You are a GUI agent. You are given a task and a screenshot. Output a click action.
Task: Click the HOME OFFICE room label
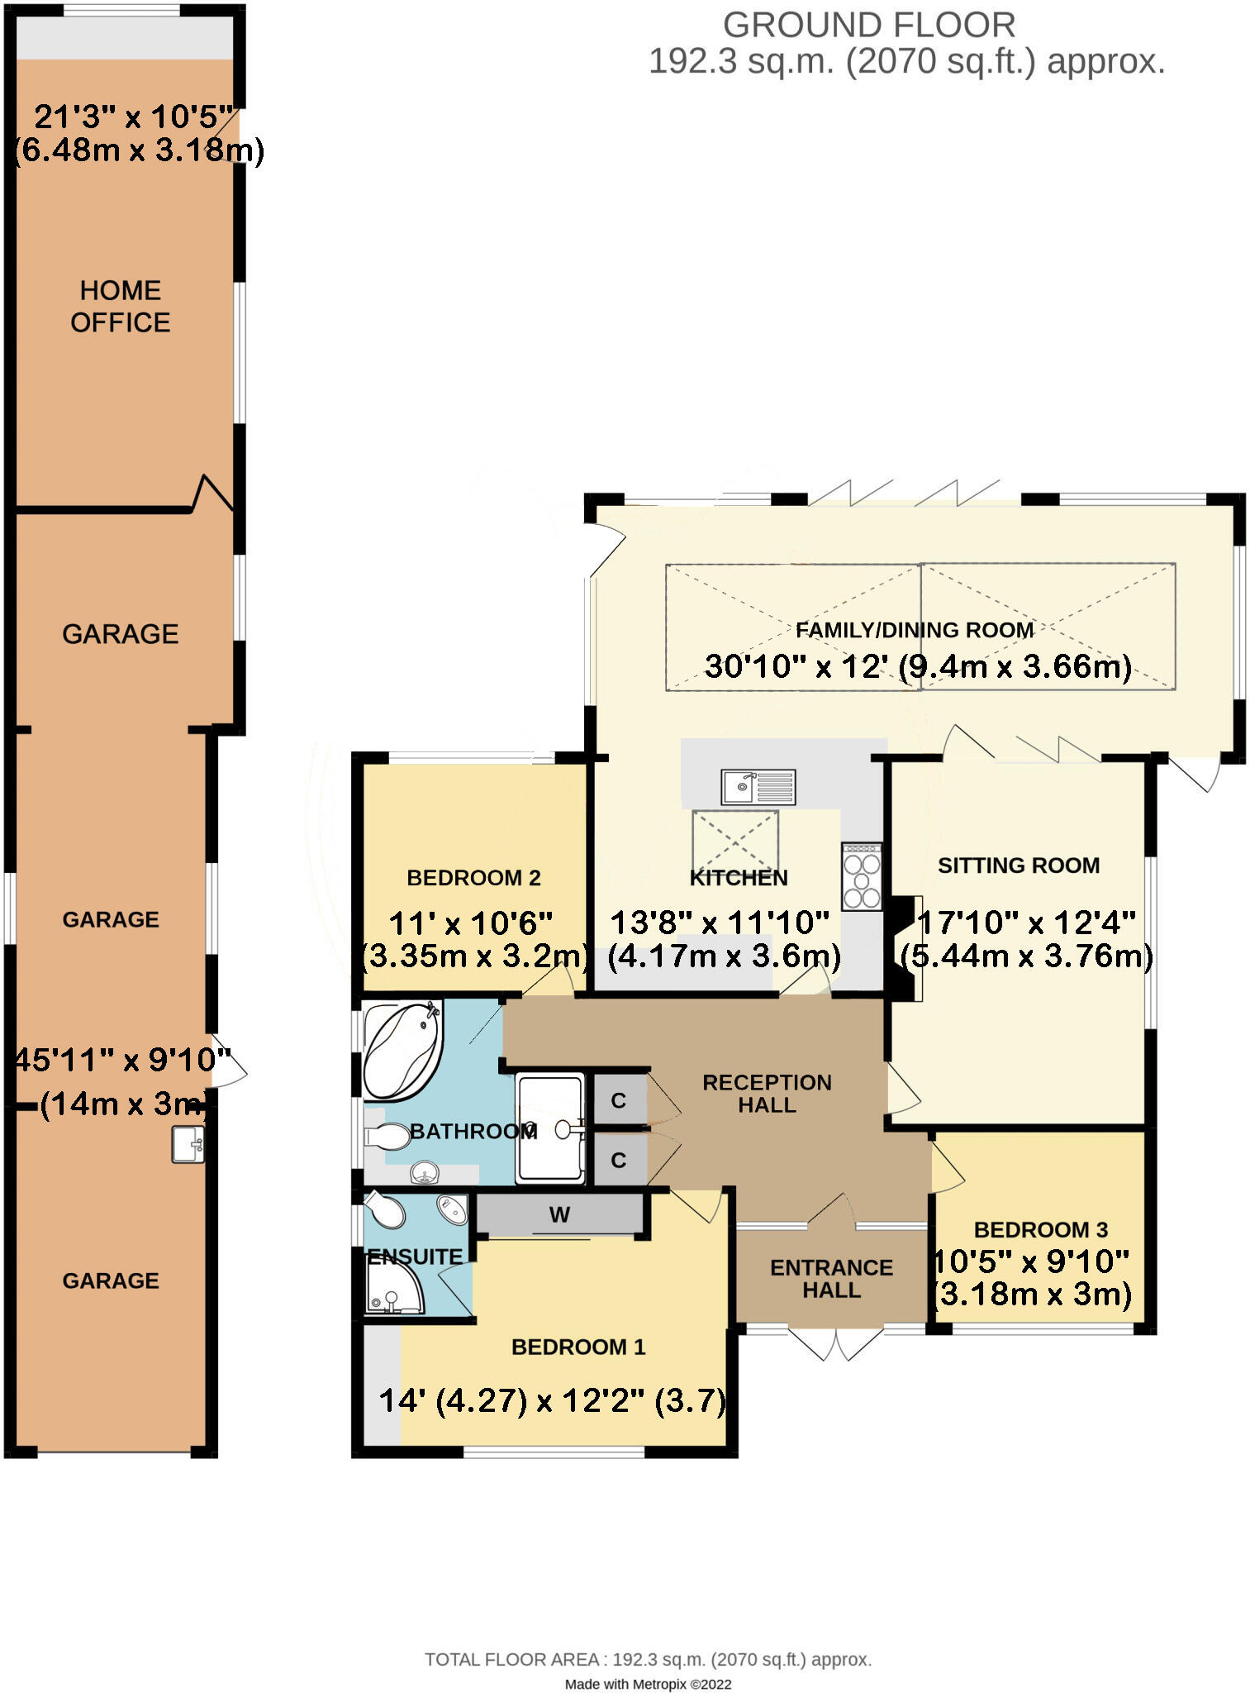pyautogui.click(x=120, y=306)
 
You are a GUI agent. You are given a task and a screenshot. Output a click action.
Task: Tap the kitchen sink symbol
pyautogui.click(x=758, y=786)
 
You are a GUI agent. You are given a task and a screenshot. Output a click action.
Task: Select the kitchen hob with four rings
pyautogui.click(x=862, y=876)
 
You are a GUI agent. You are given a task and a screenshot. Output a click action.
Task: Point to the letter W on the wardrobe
pyautogui.click(x=559, y=1214)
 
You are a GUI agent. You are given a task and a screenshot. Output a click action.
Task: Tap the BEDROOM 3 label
pyautogui.click(x=1040, y=1229)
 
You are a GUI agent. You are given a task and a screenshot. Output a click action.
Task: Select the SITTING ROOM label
pyautogui.click(x=1018, y=865)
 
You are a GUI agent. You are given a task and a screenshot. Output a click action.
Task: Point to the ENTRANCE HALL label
pyautogui.click(x=831, y=1278)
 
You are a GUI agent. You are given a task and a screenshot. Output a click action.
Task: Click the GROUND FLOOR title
pyautogui.click(x=869, y=26)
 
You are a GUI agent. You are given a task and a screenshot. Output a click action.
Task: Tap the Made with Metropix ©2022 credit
pyautogui.click(x=648, y=1684)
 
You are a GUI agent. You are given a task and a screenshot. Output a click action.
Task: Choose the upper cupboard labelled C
pyautogui.click(x=618, y=1100)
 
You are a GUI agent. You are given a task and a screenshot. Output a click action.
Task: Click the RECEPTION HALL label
pyautogui.click(x=767, y=1093)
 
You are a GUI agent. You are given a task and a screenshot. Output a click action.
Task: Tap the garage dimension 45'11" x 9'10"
pyautogui.click(x=122, y=1060)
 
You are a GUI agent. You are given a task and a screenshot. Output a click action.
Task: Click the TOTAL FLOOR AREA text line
pyautogui.click(x=648, y=1659)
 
